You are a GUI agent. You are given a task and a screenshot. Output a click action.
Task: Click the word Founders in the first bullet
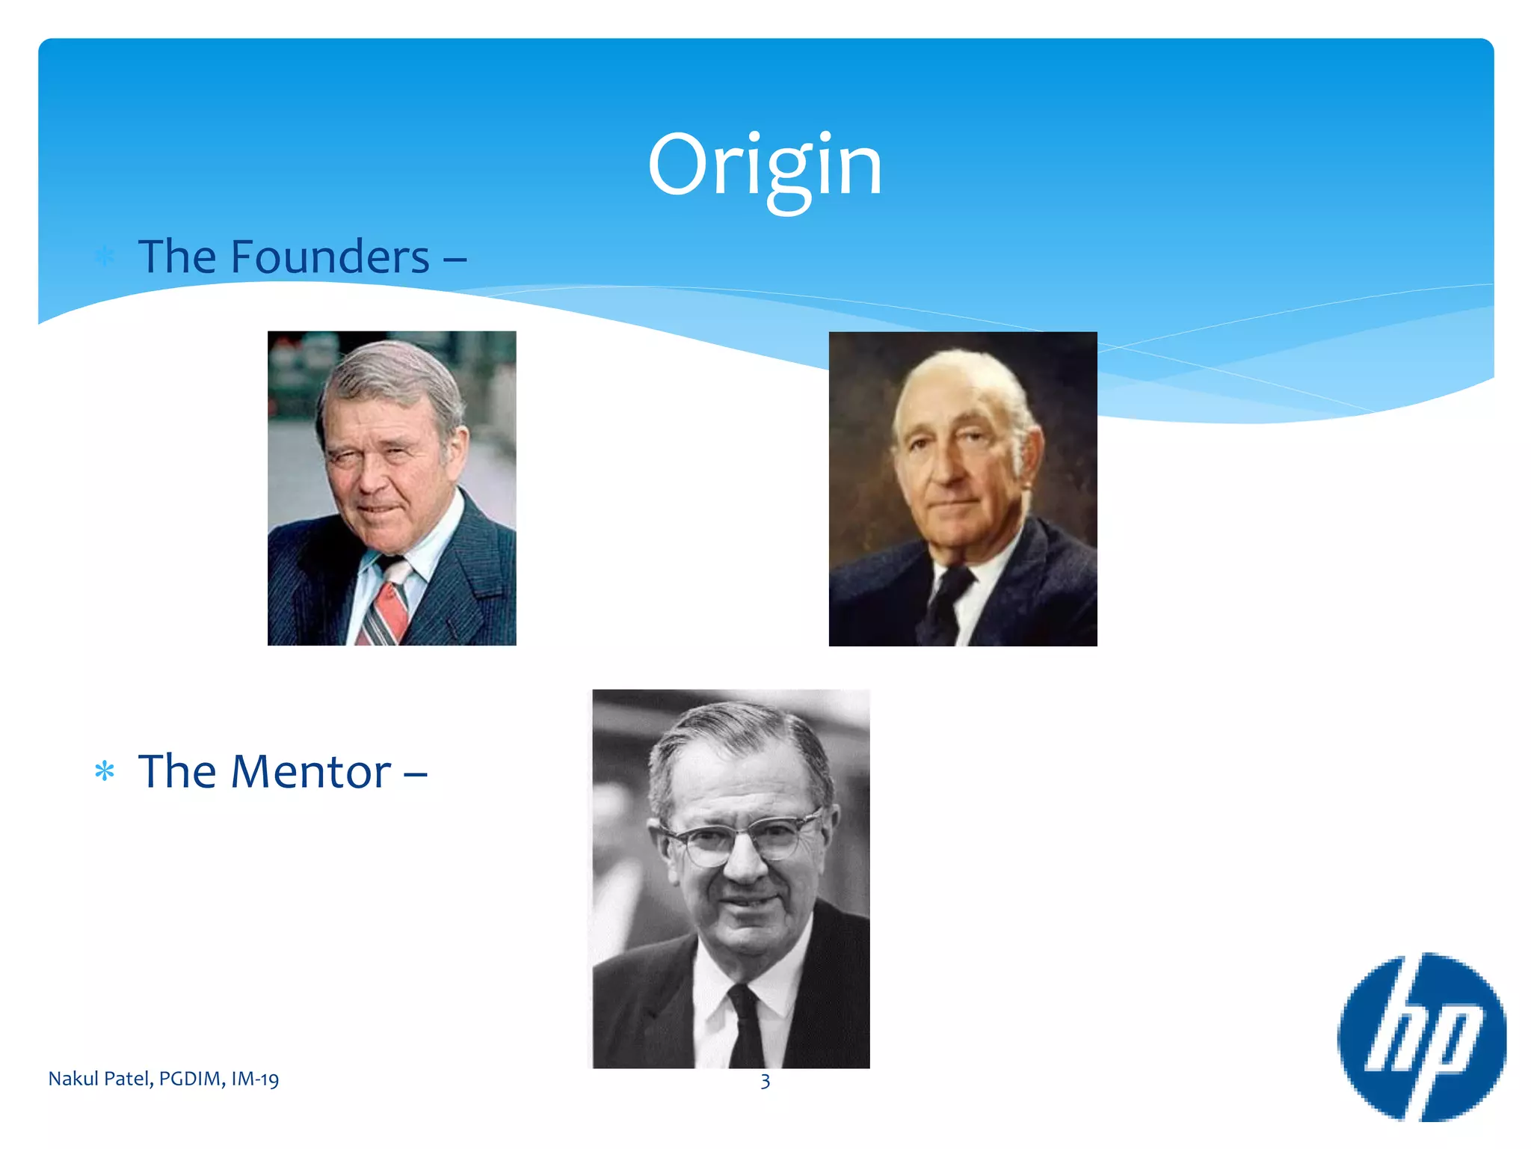pos(330,257)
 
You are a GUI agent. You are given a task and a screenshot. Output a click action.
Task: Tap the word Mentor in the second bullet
pos(310,771)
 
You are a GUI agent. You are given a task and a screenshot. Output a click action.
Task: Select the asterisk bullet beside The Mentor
pos(105,771)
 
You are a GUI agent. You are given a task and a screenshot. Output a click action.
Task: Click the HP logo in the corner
pos(1421,1037)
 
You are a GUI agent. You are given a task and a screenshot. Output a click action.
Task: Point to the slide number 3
pos(765,1081)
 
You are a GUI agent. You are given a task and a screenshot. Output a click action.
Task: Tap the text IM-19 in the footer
pos(255,1079)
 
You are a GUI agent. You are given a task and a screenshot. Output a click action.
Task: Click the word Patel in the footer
pos(128,1079)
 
